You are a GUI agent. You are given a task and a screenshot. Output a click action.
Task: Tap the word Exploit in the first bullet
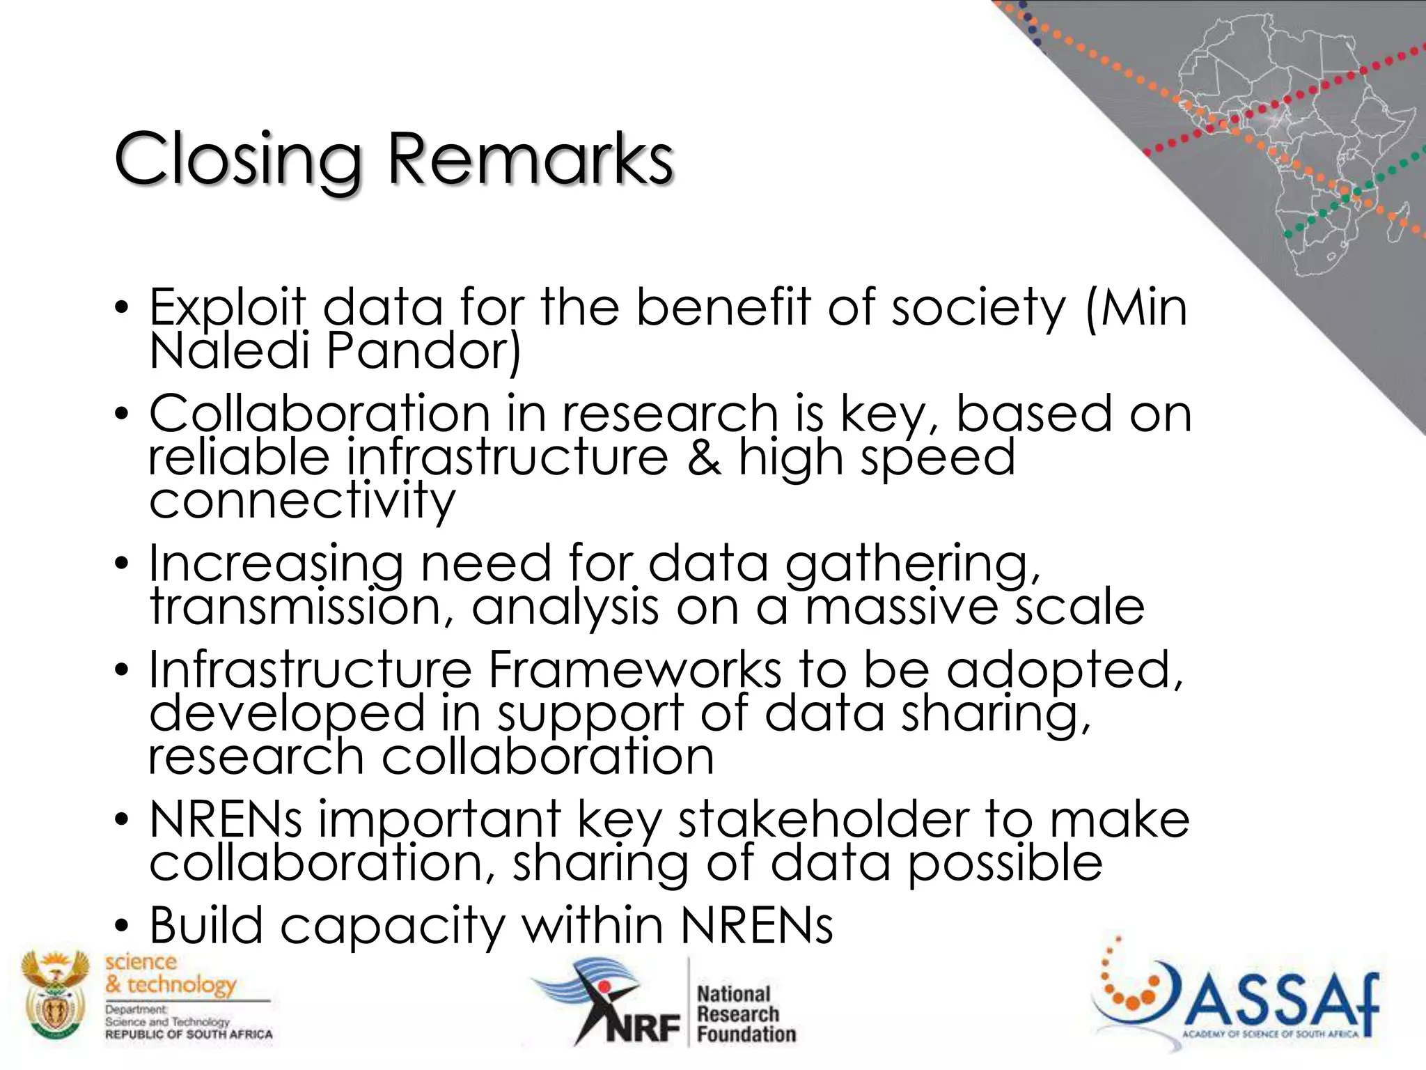[227, 307]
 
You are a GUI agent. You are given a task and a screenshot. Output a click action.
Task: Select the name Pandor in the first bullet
[423, 350]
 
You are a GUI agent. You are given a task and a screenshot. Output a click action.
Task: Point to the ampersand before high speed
[703, 458]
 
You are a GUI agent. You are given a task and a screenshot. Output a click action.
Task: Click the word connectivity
[302, 501]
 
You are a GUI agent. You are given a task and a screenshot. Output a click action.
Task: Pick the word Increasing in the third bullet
[276, 564]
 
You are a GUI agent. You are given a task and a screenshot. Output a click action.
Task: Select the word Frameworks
[634, 669]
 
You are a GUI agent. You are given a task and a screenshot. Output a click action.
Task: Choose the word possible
[1005, 863]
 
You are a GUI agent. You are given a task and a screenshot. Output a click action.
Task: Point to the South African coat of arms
[55, 997]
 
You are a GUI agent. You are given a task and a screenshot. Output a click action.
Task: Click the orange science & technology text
[171, 973]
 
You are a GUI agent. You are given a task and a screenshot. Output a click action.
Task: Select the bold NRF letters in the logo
[641, 1028]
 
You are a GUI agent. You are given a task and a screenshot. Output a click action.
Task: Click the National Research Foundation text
[746, 1014]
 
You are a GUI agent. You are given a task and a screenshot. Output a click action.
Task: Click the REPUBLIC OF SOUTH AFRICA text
[189, 1034]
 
